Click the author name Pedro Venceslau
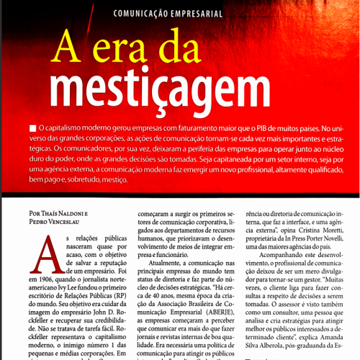pyautogui.click(x=59, y=223)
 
